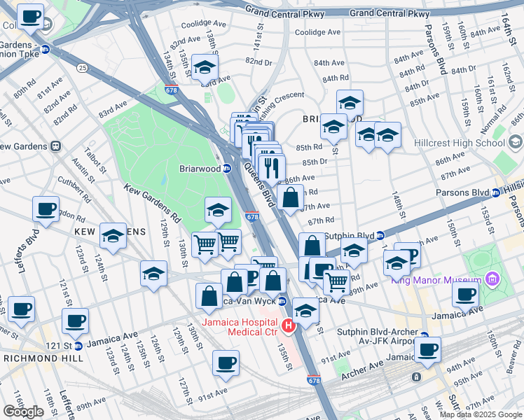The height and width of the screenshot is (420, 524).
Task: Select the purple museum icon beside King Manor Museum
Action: [x=492, y=281]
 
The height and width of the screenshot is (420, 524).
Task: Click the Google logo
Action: [x=23, y=412]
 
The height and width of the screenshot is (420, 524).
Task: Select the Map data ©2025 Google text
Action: [x=481, y=414]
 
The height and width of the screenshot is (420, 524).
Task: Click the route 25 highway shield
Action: [x=83, y=68]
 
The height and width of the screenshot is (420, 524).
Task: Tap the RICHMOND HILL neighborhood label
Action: [x=43, y=358]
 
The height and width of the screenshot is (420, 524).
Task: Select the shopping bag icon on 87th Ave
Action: [x=290, y=198]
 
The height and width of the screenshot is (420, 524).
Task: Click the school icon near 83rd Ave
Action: [x=205, y=68]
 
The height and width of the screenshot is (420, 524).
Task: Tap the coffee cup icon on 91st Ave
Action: [x=226, y=363]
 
